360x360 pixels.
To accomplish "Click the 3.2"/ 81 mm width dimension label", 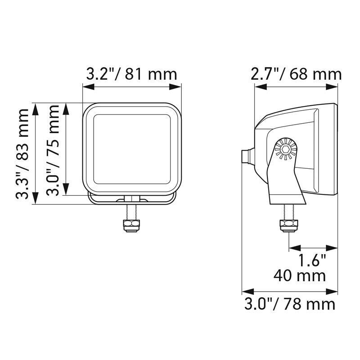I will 131,74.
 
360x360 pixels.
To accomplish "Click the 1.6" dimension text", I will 312,261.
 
